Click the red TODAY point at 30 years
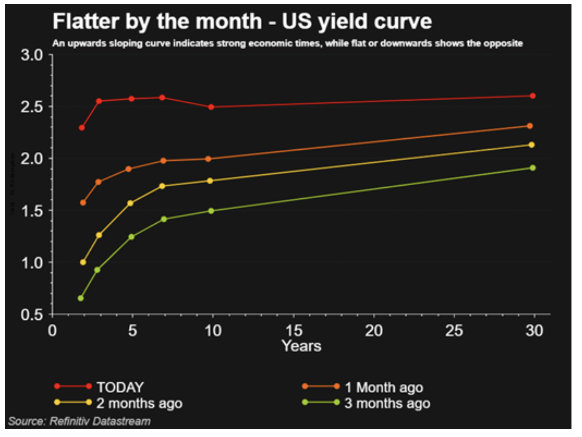point(533,96)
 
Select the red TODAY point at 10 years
point(211,107)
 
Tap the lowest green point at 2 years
point(81,298)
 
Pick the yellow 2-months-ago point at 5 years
point(130,203)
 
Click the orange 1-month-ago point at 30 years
point(530,126)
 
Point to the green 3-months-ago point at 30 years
point(533,168)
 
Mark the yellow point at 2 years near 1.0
point(83,262)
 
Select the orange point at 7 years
point(163,161)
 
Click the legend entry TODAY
point(120,387)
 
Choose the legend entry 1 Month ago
point(384,387)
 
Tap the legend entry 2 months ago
point(139,403)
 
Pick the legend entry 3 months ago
point(387,403)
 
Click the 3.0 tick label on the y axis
point(32,55)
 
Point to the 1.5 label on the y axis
point(32,211)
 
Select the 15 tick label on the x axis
point(294,331)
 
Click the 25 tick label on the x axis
point(454,331)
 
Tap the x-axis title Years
point(302,346)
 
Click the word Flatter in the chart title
point(86,21)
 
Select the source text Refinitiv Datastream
point(100,421)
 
